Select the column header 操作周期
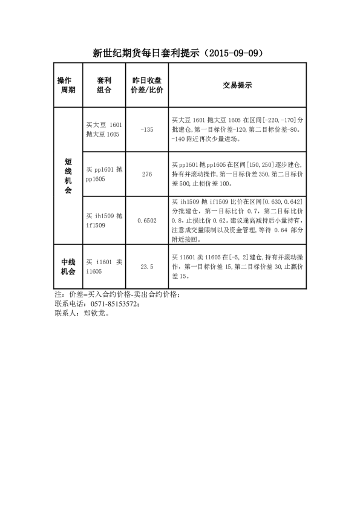pos(67,85)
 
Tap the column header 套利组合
pos(104,85)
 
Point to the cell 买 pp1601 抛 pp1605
pos(104,175)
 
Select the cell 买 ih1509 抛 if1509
pos(104,221)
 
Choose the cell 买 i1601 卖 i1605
pos(104,266)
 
